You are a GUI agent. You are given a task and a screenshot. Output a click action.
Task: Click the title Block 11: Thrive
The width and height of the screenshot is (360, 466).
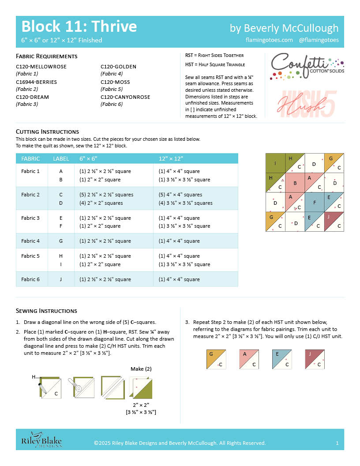click(79, 26)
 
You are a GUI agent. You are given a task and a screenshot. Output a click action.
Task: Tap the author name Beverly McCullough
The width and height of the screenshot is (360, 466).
click(284, 28)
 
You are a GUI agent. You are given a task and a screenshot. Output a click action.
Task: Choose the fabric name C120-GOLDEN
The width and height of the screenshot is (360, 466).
click(118, 67)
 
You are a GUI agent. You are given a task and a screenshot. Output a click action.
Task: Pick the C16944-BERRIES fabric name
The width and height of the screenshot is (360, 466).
click(36, 82)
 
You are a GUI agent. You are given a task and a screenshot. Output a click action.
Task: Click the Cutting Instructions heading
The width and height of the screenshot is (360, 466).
click(47, 132)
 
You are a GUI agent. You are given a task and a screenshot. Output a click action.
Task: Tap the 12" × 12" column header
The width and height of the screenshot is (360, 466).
click(171, 159)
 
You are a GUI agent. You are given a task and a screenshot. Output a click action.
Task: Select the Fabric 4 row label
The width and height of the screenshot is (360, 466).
click(30, 241)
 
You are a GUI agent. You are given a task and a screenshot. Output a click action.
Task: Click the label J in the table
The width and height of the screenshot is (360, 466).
click(61, 279)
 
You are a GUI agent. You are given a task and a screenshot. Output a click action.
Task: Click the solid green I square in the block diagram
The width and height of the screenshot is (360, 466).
click(275, 163)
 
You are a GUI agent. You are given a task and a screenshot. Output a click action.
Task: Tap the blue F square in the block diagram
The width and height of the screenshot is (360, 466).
click(314, 203)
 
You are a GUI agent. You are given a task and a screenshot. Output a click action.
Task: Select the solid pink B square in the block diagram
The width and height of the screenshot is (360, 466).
click(295, 183)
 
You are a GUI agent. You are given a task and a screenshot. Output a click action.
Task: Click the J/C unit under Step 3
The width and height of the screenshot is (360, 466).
click(315, 359)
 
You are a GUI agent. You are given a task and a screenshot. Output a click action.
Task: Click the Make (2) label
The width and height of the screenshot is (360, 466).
click(141, 369)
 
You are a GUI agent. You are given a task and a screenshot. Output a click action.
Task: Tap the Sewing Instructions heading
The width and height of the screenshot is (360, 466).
click(46, 311)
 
